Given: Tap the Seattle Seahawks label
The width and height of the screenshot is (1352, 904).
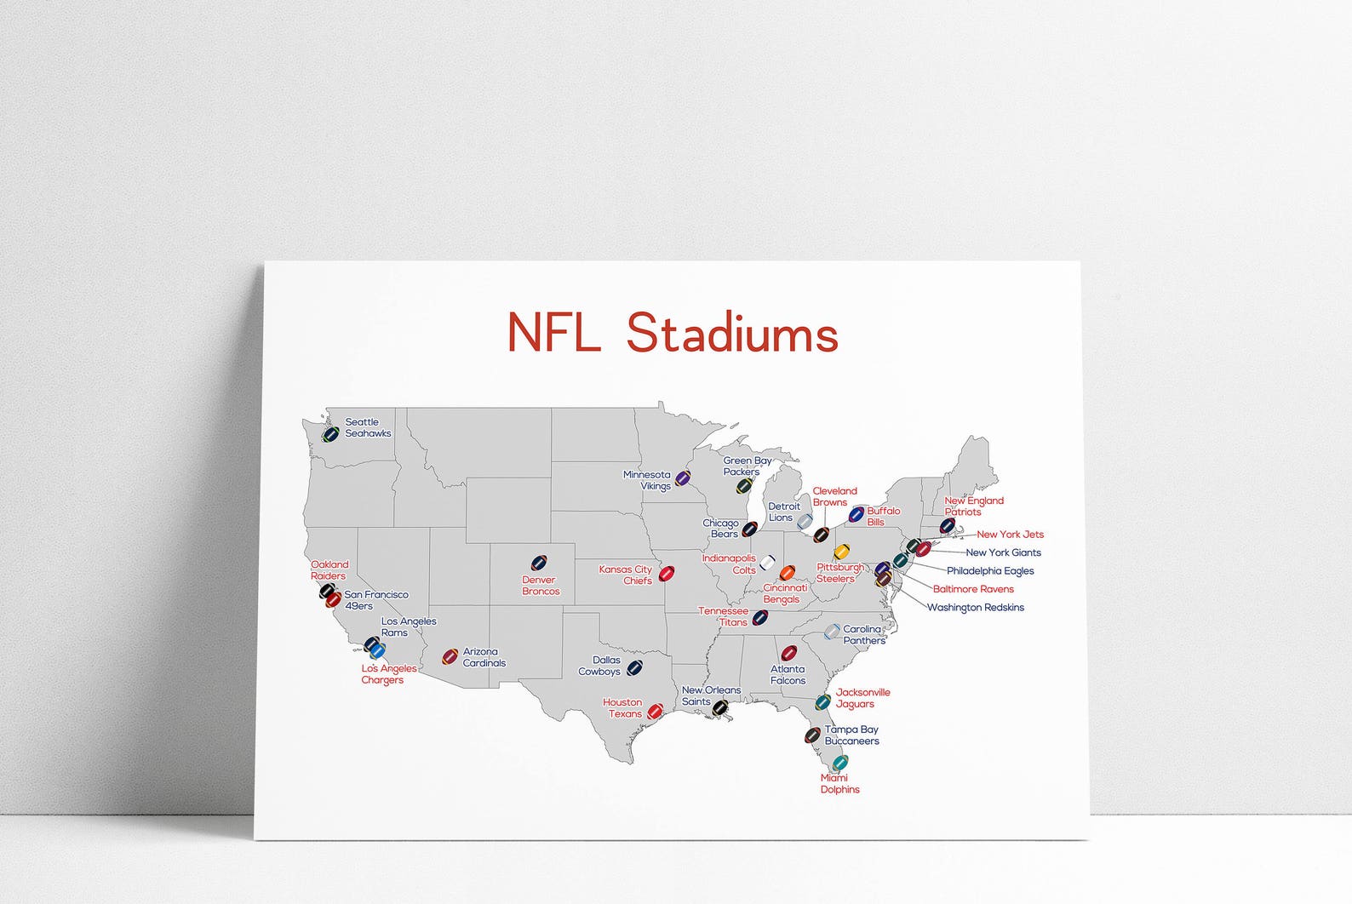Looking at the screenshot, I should (x=368, y=427).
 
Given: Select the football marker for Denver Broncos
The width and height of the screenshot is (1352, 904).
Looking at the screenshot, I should (x=538, y=563).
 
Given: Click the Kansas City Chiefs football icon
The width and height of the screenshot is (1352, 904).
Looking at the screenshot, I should (x=667, y=573).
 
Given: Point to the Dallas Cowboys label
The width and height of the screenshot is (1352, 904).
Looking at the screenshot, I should (x=600, y=666).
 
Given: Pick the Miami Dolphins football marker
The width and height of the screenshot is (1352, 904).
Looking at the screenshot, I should (x=840, y=762).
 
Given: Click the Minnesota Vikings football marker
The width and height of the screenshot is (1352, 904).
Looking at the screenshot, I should (x=683, y=478).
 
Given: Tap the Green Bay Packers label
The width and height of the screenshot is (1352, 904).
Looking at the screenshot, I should (x=747, y=466).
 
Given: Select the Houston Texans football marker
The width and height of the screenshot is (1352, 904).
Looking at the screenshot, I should (x=655, y=711).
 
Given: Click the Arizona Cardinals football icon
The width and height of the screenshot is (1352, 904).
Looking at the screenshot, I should (x=450, y=656).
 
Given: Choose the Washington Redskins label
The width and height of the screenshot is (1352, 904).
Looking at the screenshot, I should (x=975, y=608).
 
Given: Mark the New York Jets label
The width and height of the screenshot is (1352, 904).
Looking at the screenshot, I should (x=1010, y=535).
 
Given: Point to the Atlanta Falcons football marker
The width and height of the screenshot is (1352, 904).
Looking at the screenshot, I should (x=789, y=653).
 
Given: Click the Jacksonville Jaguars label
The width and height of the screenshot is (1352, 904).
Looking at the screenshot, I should (x=862, y=698).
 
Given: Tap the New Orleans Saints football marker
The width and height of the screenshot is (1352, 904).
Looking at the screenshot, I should (x=720, y=707).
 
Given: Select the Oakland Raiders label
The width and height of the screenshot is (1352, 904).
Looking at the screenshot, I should (x=329, y=569).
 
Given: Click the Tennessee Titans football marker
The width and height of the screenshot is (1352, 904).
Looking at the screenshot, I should (x=760, y=617).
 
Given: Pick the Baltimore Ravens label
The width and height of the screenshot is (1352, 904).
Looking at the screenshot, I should (x=973, y=589).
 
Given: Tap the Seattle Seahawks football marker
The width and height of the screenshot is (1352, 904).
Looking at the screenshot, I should (x=330, y=434).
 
